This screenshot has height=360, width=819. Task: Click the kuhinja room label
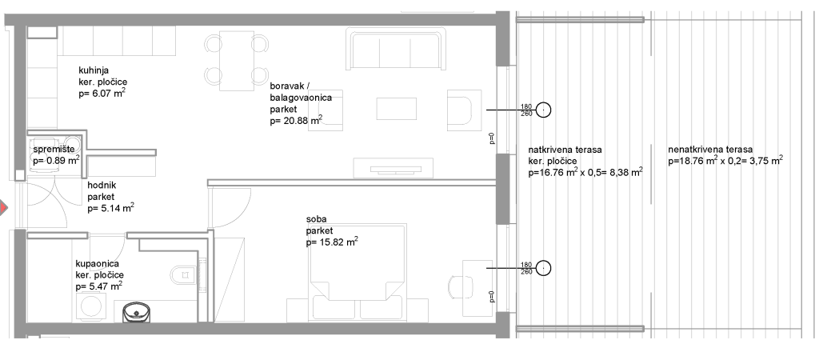tap(94, 70)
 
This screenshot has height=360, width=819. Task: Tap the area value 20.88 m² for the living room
tap(296, 122)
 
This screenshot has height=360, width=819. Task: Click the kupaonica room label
tap(97, 264)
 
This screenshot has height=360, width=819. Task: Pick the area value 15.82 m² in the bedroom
tap(332, 242)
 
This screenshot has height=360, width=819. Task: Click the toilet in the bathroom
tap(183, 274)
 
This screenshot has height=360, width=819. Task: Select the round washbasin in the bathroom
tap(137, 314)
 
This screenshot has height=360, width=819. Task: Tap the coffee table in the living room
tap(397, 109)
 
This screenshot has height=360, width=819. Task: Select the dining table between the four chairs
tap(237, 54)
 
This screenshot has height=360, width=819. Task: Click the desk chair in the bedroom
tap(460, 288)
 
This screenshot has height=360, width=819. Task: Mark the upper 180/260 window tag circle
tap(544, 110)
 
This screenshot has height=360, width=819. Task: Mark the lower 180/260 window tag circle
tap(544, 268)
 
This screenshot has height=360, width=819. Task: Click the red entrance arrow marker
tap(4, 208)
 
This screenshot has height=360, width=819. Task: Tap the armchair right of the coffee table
tap(464, 110)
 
